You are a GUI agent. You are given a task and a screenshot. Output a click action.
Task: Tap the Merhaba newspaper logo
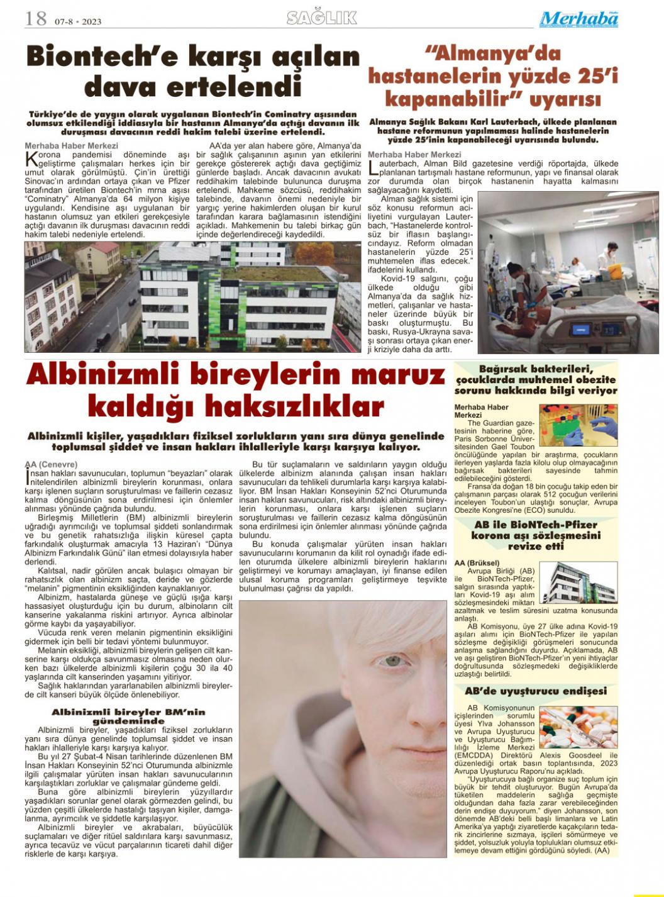coord(578,19)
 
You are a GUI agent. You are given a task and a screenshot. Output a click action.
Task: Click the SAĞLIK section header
coord(322,18)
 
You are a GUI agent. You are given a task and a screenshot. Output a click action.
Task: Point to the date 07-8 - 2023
coord(78,21)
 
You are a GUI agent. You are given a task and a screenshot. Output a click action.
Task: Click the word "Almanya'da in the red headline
coord(492,54)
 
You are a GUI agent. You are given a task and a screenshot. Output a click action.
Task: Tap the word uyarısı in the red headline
coord(565,99)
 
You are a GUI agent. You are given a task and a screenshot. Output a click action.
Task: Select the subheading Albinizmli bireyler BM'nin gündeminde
coord(128,716)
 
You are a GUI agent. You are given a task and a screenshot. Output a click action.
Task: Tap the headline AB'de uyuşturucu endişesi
coord(536,691)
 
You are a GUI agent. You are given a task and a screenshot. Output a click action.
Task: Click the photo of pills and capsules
coord(578,727)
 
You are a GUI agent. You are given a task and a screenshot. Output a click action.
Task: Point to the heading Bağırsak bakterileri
coord(536,369)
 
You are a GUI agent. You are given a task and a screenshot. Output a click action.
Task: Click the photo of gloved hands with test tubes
coord(578,426)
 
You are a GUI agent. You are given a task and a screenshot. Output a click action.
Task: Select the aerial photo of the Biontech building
coord(192,296)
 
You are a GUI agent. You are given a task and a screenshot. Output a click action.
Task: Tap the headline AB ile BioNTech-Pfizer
coord(536,525)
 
